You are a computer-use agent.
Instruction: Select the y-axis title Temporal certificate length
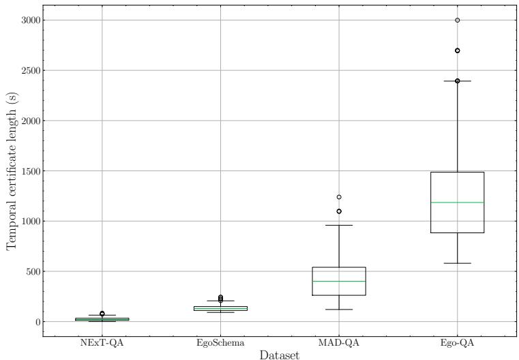coord(12,171)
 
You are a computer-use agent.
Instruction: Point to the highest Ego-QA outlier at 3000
coord(457,20)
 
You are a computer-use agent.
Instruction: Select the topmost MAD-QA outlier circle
coord(339,197)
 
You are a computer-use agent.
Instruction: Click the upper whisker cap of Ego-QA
coord(457,81)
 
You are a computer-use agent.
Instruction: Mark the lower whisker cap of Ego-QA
coord(457,263)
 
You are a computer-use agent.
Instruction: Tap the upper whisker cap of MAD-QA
coord(339,225)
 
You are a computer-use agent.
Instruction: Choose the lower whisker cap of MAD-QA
coord(339,310)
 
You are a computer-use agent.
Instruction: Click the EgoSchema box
coord(220,308)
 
